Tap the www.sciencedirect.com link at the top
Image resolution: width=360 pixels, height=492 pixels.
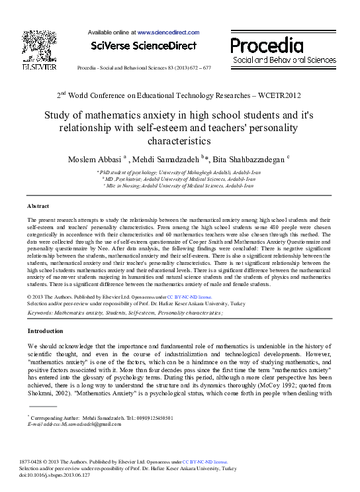click(x=168, y=32)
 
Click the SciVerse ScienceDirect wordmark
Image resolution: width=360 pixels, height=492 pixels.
click(x=144, y=46)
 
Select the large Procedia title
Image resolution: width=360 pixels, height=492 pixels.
click(x=267, y=46)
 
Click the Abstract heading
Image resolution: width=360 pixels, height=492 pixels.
click(x=38, y=207)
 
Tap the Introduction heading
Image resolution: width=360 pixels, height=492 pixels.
click(x=45, y=330)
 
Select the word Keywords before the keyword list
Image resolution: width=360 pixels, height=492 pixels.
click(x=40, y=311)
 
